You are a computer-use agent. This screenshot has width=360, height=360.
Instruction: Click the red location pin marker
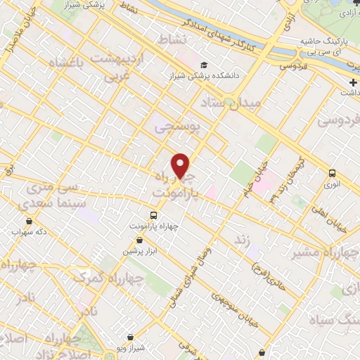point(181,165)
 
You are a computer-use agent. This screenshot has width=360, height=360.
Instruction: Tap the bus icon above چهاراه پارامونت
point(154,215)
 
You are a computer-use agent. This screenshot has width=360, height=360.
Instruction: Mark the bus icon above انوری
point(331,174)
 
